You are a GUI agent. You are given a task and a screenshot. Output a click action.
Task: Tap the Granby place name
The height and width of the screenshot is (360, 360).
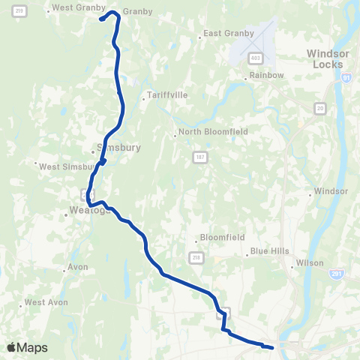tap(139, 12)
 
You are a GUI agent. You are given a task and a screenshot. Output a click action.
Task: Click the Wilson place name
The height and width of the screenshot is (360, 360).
tap(310, 263)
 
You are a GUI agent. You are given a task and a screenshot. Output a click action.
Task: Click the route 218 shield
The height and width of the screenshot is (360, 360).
tap(196, 257)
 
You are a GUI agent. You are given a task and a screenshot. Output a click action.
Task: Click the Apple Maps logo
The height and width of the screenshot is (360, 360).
tap(27, 347)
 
